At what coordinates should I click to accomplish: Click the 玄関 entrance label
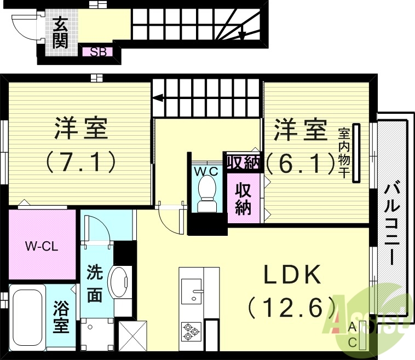click(61, 32)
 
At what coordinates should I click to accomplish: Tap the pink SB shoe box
click(97, 53)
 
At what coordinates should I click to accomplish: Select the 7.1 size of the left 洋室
click(80, 161)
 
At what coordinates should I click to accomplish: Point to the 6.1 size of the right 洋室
click(300, 161)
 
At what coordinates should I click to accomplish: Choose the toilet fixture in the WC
click(207, 192)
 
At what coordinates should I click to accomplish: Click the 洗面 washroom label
click(95, 283)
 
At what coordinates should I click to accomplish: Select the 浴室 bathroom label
click(60, 318)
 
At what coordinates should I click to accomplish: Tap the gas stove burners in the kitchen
click(191, 332)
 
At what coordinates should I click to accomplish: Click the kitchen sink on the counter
click(191, 291)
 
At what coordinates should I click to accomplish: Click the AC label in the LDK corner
click(353, 334)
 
